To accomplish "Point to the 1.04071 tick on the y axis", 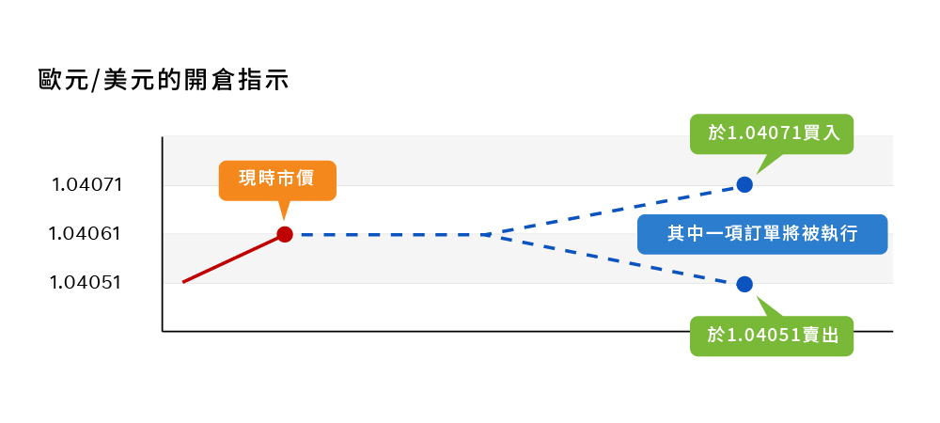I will (87, 184).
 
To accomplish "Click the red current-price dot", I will (285, 234).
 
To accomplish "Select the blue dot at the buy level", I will (744, 184).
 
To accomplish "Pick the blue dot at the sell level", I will (744, 284).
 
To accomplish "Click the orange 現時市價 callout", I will (277, 180).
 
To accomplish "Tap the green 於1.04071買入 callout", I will (771, 133).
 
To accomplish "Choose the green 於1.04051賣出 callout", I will (771, 336).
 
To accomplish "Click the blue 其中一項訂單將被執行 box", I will (762, 234).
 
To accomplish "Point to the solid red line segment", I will (233, 258).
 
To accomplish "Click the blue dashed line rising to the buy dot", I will (616, 210).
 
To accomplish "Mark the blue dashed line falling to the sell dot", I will (616, 258).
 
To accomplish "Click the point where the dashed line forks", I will (487, 234).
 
